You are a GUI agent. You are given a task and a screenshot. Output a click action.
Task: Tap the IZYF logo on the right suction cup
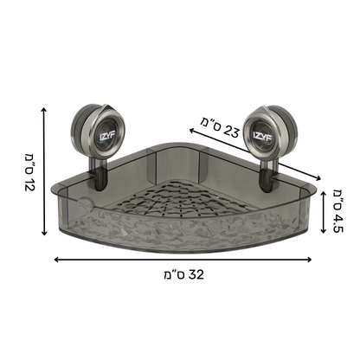coord(260,135)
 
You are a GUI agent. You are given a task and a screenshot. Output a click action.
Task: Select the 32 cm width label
coord(183,274)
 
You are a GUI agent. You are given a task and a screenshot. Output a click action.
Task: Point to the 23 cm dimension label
coord(220,128)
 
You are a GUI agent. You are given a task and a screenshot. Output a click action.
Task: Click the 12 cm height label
coord(29,172)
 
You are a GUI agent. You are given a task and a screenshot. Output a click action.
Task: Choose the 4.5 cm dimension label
coord(338,211)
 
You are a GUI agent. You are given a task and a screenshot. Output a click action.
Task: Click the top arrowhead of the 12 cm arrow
coord(43,109)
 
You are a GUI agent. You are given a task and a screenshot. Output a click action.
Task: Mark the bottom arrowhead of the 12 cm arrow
coord(44,233)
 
